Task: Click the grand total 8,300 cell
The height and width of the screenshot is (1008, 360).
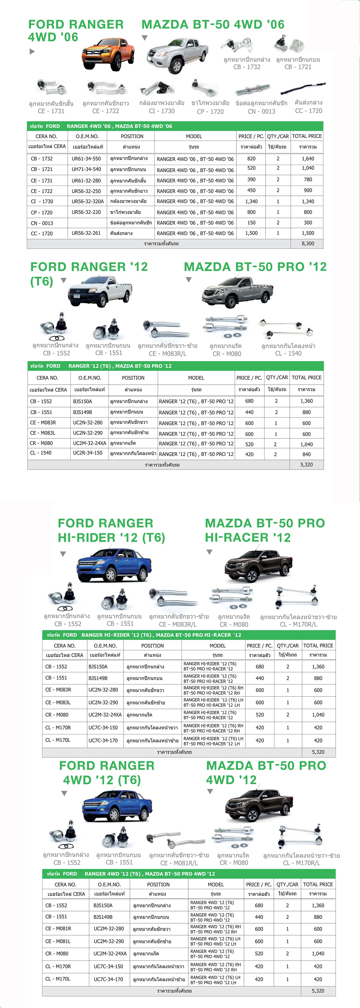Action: pyautogui.click(x=308, y=243)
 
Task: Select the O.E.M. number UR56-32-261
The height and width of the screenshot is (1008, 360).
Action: pyautogui.click(x=86, y=233)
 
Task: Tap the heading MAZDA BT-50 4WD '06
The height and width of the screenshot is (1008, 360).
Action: pyautogui.click(x=213, y=25)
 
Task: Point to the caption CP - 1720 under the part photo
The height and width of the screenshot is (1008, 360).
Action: pyautogui.click(x=210, y=112)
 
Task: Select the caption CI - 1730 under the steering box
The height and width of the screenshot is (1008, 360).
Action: pyautogui.click(x=162, y=111)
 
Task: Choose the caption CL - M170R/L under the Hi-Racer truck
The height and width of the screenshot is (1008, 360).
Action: pyautogui.click(x=298, y=624)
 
